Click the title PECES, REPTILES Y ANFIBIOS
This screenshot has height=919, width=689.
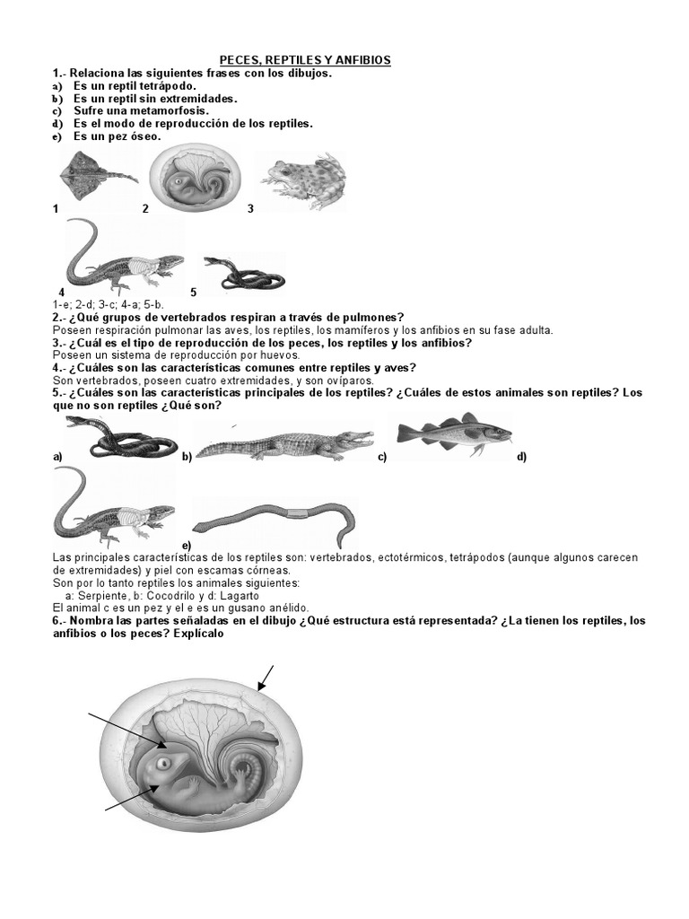(306, 60)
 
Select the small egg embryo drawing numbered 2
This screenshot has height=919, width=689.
(196, 177)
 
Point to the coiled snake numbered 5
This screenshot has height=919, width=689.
(235, 270)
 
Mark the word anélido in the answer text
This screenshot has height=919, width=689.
(287, 608)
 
